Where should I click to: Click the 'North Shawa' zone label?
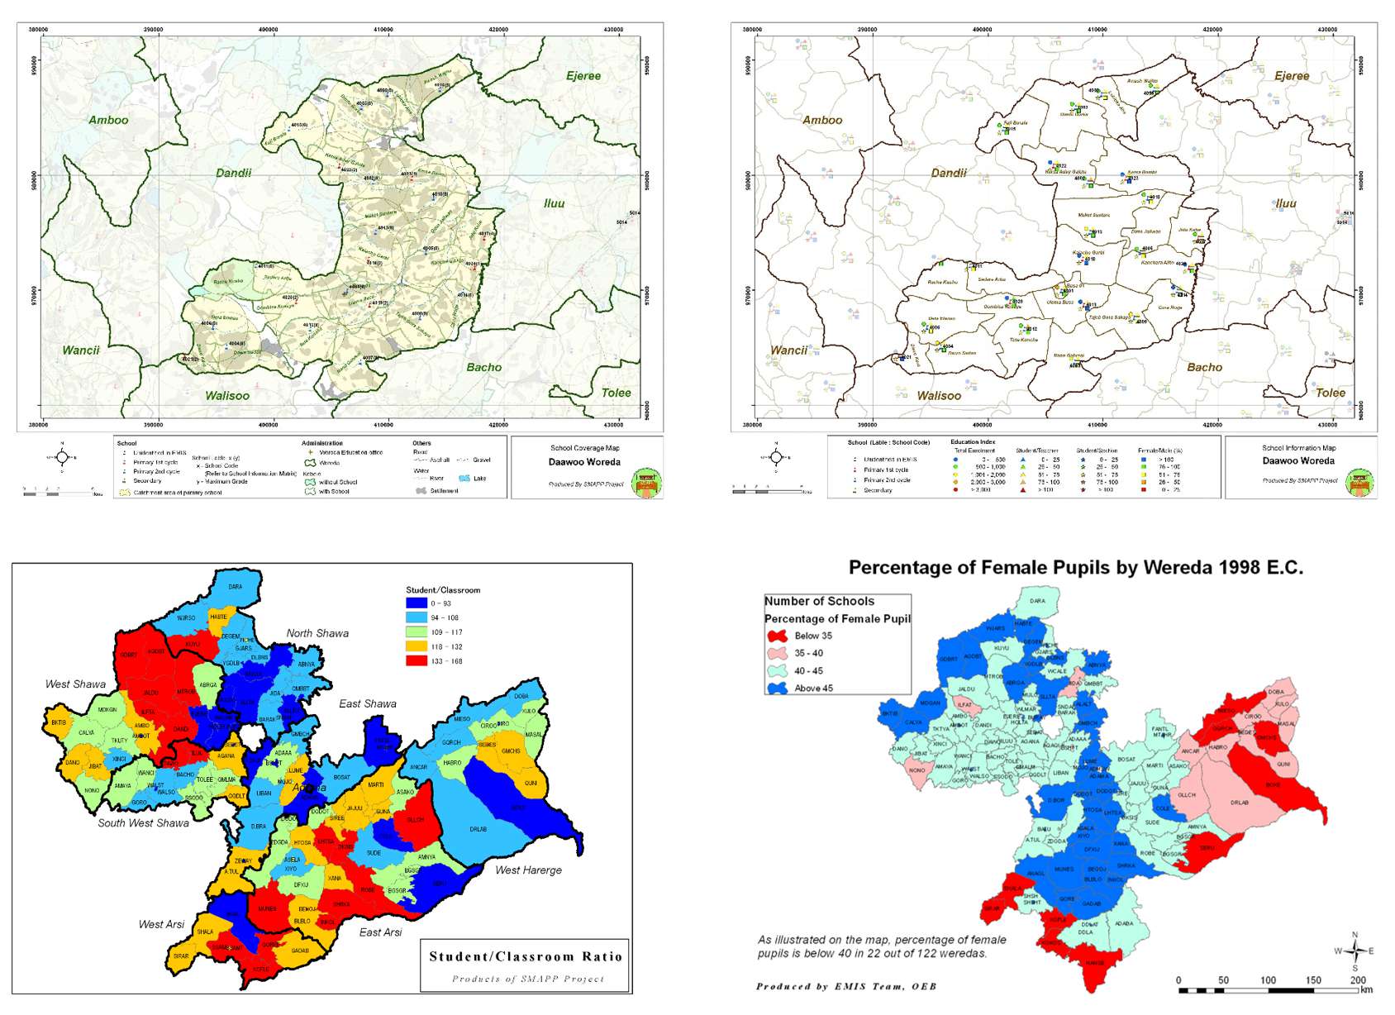[317, 633]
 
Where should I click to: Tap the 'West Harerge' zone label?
[528, 870]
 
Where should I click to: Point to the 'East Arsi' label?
[380, 932]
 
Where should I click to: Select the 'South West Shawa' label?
[143, 822]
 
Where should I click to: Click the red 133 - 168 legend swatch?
[416, 661]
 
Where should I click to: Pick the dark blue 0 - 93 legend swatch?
[416, 603]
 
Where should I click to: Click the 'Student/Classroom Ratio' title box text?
[525, 956]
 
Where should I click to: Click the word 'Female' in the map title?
[1014, 568]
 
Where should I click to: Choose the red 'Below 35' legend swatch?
[777, 636]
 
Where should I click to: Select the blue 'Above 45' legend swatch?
[777, 688]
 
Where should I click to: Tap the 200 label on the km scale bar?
[1358, 979]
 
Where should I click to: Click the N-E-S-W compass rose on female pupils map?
[1355, 951]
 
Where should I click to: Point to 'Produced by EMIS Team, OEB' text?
[845, 986]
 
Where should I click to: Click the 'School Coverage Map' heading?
[584, 448]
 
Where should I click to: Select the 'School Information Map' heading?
[1298, 448]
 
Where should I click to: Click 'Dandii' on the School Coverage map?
[233, 173]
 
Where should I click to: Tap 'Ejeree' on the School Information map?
[1292, 76]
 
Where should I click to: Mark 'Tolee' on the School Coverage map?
[616, 393]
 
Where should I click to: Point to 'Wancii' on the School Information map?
[788, 350]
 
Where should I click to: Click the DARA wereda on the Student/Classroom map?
[236, 587]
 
